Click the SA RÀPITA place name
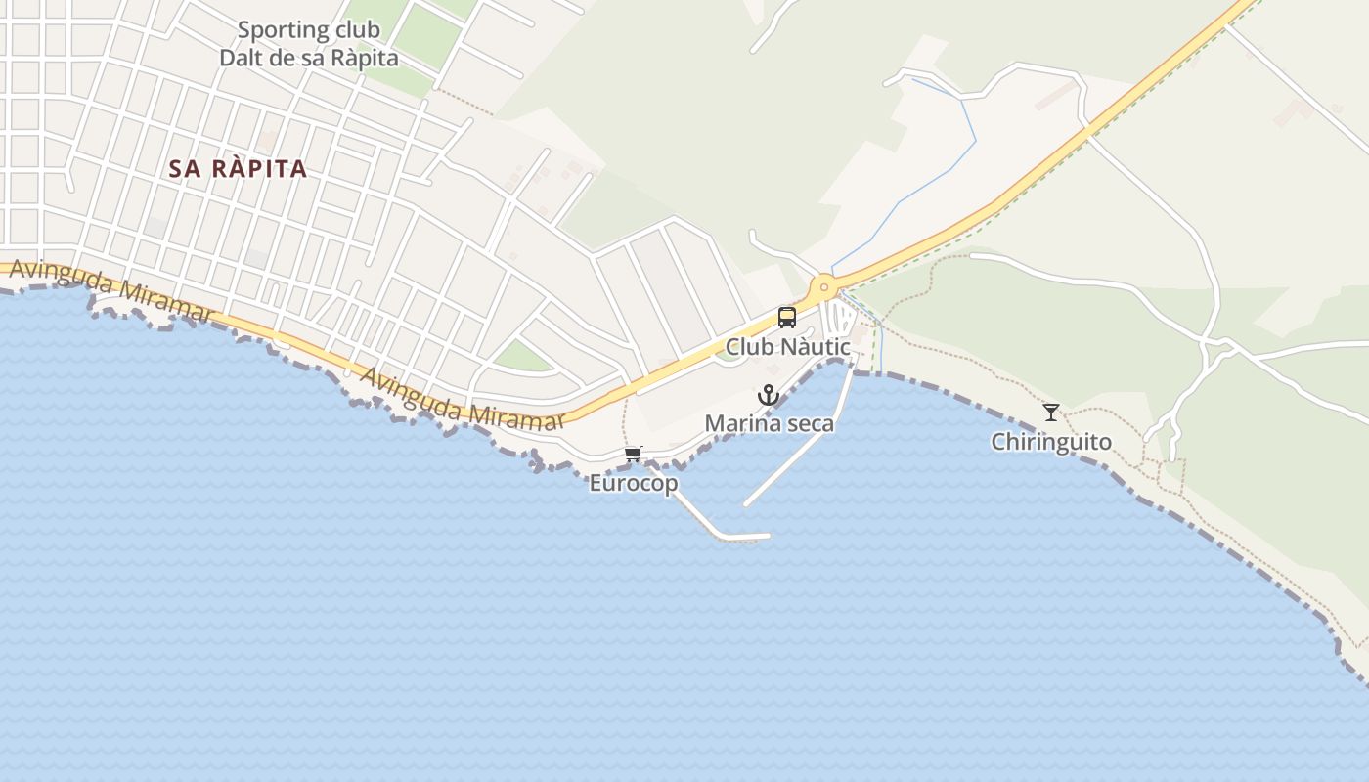tap(238, 169)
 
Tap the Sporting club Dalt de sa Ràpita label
tap(309, 44)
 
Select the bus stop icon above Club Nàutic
tap(787, 317)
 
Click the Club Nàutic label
tap(788, 347)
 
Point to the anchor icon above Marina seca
tap(769, 395)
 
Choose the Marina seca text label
tap(770, 423)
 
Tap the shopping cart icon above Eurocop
tap(634, 454)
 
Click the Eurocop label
tap(634, 483)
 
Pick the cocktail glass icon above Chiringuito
tap(1051, 412)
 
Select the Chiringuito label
tap(1051, 442)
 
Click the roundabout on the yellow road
tap(824, 286)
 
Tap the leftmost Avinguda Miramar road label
tap(110, 290)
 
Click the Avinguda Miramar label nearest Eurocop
tap(463, 399)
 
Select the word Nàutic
tap(816, 347)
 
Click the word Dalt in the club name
tap(244, 58)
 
